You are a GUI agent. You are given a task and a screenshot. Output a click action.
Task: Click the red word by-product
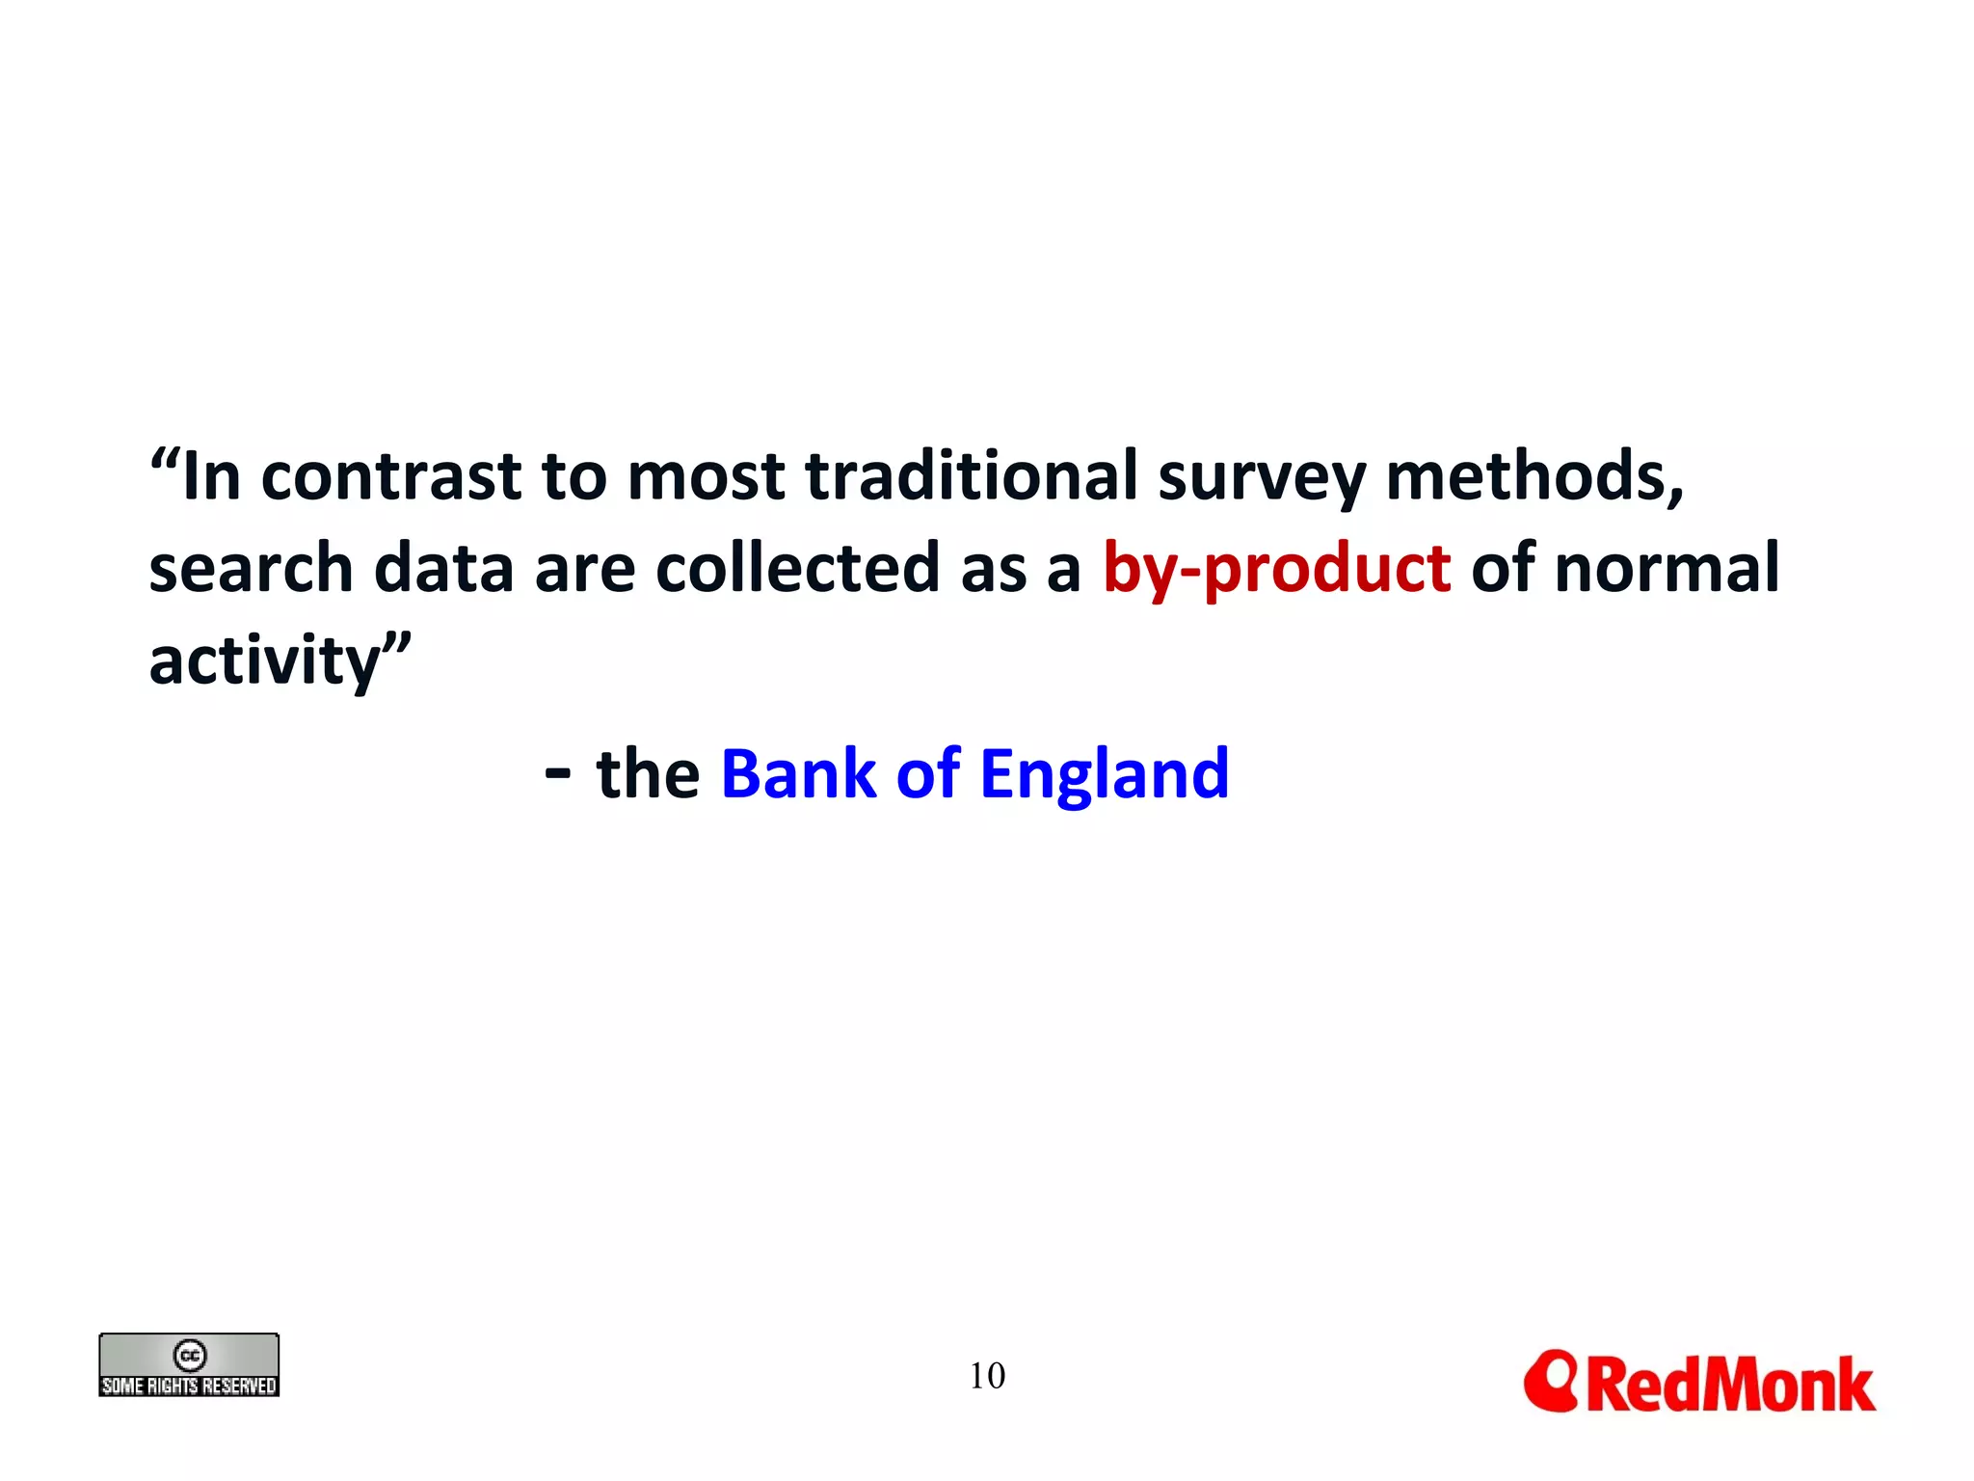1276,569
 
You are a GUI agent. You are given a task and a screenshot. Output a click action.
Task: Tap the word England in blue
1105,774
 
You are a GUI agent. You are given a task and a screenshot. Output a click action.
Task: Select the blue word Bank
798,774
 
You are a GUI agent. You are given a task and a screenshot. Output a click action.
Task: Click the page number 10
987,1376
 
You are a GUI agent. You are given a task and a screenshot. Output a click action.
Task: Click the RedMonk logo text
1731,1385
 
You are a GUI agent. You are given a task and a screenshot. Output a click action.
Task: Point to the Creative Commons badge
189,1365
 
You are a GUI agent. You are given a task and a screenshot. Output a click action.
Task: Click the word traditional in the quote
972,476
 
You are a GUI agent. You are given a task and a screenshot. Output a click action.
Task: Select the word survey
1262,478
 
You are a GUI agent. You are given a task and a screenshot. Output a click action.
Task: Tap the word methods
1534,476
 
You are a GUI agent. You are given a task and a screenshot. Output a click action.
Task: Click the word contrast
391,478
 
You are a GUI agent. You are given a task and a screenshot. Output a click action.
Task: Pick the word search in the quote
251,569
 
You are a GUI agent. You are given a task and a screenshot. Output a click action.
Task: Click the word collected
798,569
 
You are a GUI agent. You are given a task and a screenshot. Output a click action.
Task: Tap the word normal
1667,569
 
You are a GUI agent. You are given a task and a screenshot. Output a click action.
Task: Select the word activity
266,661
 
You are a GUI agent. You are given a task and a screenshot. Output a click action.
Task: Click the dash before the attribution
557,773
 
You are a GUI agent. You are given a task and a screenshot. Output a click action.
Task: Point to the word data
443,569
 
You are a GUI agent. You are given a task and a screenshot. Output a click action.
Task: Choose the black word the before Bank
648,774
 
